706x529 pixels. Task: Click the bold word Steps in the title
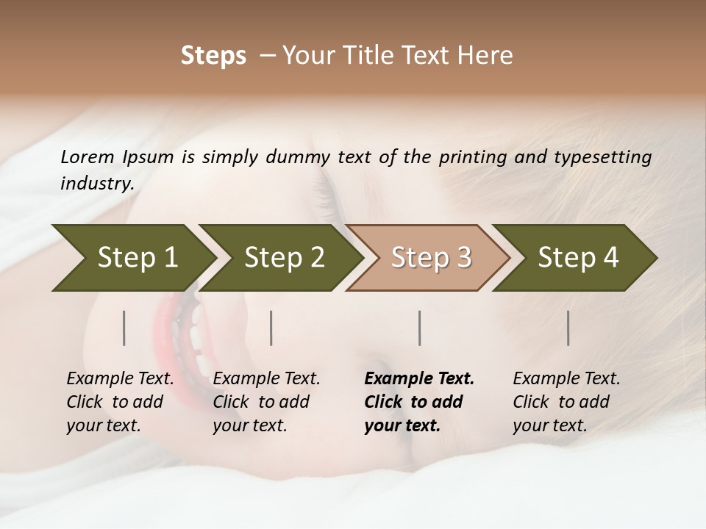click(213, 56)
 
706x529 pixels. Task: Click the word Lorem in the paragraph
click(87, 156)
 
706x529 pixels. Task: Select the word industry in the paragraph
click(97, 184)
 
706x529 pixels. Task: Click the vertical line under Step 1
click(124, 328)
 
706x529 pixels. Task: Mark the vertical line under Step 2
click(271, 328)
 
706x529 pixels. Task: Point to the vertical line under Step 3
click(420, 328)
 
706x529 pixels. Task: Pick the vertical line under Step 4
click(568, 328)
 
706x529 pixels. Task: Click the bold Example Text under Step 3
click(419, 378)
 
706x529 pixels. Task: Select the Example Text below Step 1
click(120, 378)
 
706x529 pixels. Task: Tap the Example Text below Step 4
click(566, 378)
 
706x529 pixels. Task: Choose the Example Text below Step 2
click(266, 378)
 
